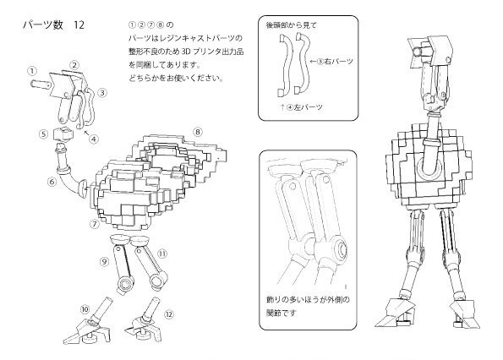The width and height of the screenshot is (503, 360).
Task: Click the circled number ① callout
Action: (32, 70)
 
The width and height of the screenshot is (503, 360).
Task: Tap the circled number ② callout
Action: (74, 65)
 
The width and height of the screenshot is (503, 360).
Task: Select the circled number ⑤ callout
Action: (44, 134)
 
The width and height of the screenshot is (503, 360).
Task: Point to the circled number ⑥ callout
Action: (52, 182)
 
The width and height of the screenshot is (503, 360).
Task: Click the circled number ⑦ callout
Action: (95, 224)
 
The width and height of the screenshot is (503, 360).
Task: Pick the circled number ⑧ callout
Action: (198, 132)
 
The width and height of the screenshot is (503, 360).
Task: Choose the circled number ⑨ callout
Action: (104, 262)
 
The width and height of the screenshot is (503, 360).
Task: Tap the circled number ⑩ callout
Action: (85, 309)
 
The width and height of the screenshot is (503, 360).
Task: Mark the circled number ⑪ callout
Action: (162, 254)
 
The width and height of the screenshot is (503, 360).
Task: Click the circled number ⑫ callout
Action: (169, 314)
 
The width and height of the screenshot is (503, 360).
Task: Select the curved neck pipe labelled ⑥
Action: (70, 173)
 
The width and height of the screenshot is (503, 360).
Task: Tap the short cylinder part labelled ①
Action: (41, 85)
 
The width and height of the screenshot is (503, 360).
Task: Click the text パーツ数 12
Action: (53, 25)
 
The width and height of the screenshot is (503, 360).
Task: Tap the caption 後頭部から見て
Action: (291, 25)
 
